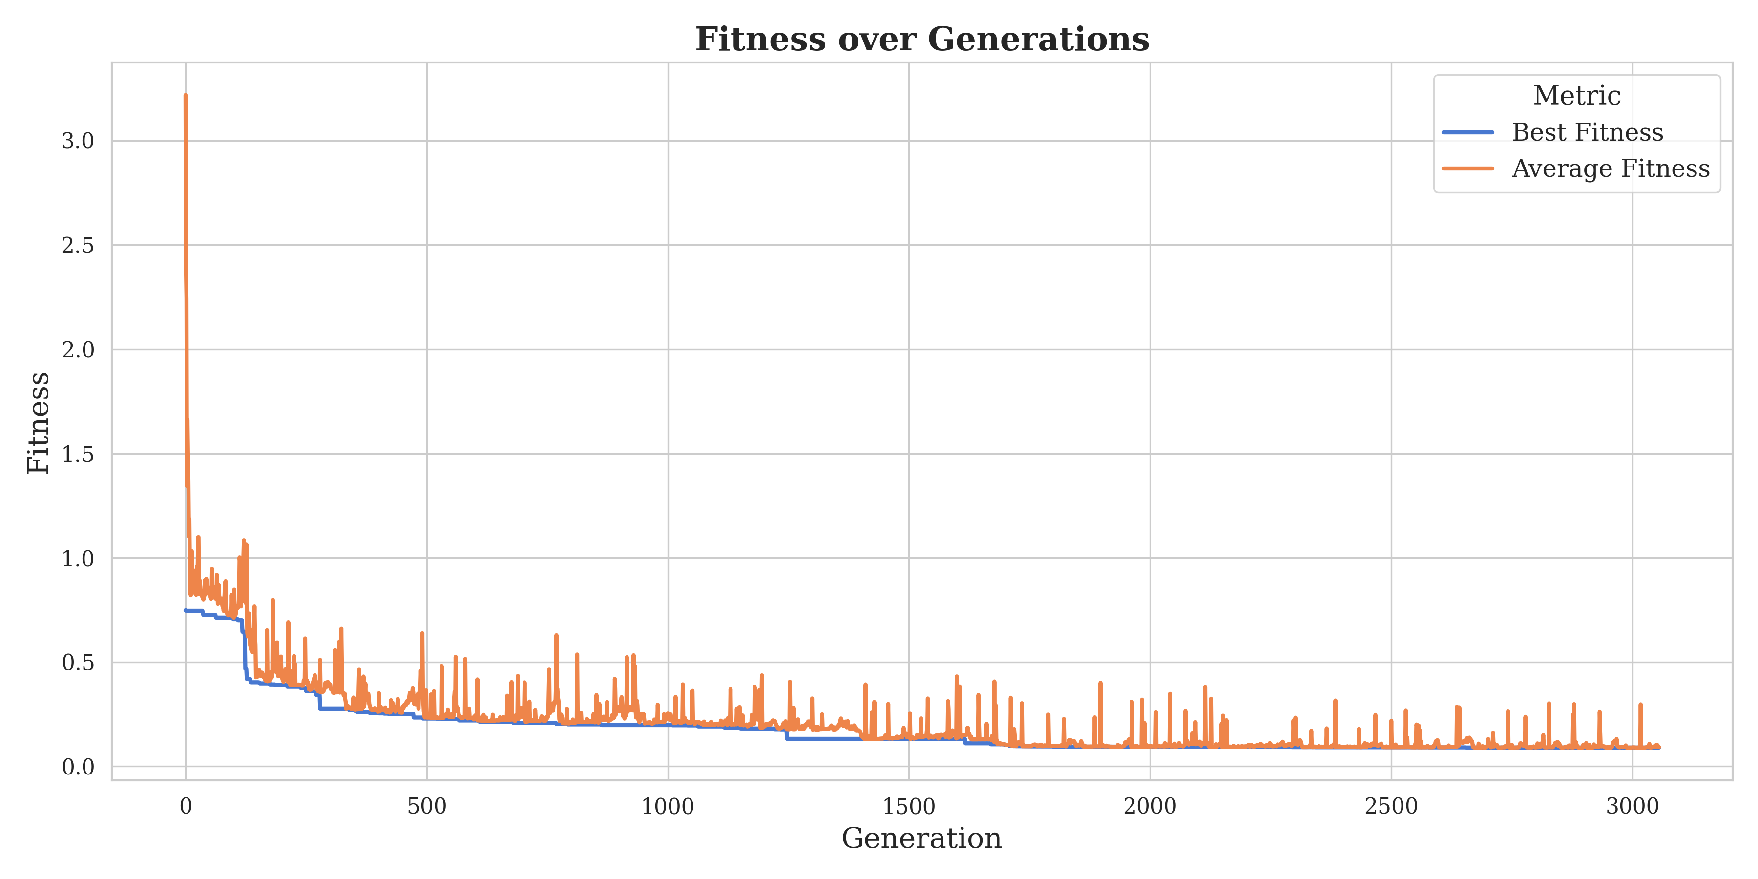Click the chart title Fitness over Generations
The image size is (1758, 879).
pyautogui.click(x=922, y=39)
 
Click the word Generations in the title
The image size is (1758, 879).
pyautogui.click(x=1038, y=39)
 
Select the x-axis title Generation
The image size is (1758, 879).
pyautogui.click(x=921, y=837)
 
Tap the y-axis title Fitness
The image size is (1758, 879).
pyautogui.click(x=38, y=422)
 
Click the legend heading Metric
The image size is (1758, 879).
pyautogui.click(x=1576, y=96)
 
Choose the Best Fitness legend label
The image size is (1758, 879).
pyautogui.click(x=1588, y=132)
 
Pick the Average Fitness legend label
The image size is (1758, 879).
pyautogui.click(x=1611, y=168)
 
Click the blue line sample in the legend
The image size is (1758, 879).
pyautogui.click(x=1468, y=132)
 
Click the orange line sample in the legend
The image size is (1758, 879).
pyautogui.click(x=1468, y=168)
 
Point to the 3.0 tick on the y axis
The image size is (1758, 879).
pyautogui.click(x=78, y=141)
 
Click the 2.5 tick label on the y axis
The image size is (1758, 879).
pyautogui.click(x=78, y=246)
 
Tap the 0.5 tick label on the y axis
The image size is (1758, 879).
pyautogui.click(x=78, y=663)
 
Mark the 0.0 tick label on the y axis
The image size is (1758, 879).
pyautogui.click(x=78, y=767)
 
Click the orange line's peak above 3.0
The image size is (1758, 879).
pyautogui.click(x=186, y=96)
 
